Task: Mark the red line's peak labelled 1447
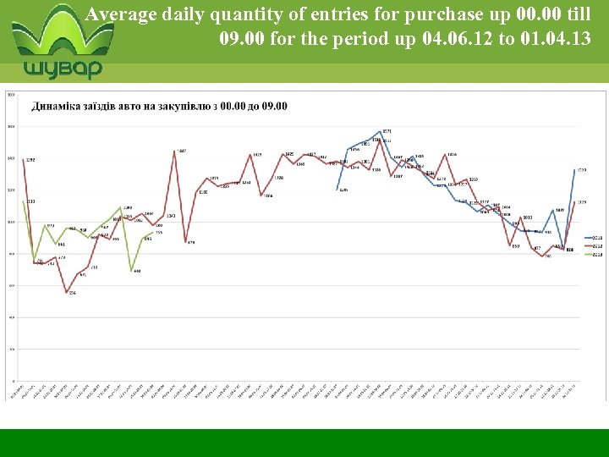tap(175, 151)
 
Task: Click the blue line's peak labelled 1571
tap(382, 131)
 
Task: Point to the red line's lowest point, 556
tap(68, 292)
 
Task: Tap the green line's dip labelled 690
tap(132, 270)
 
